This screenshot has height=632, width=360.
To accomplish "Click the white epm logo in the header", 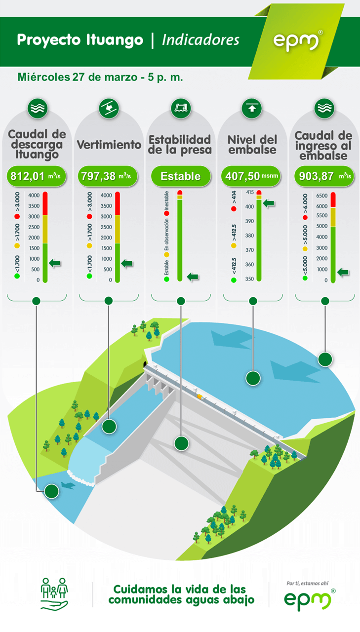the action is [296, 42].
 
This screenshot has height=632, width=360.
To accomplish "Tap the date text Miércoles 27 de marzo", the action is [78, 77].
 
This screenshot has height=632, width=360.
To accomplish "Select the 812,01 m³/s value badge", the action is [37, 176].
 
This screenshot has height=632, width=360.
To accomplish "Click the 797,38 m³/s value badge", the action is [108, 176].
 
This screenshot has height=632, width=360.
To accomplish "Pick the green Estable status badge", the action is [181, 176].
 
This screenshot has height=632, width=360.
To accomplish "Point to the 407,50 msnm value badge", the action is [251, 176].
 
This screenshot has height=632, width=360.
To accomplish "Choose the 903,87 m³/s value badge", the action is [324, 176].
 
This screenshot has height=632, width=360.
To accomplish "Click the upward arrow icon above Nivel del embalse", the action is [252, 108].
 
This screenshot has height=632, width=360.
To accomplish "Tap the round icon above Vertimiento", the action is [109, 108].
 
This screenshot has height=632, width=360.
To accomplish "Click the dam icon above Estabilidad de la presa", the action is [181, 108].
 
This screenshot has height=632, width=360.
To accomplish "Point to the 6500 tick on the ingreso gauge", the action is [321, 196].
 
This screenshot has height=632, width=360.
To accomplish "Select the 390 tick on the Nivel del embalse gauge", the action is [249, 221].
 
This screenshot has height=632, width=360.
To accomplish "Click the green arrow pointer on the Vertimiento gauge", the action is [127, 264].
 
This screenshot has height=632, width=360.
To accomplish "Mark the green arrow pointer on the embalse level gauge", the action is [269, 203].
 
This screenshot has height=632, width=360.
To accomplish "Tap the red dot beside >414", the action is [234, 209].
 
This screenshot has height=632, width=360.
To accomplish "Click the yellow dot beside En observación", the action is [167, 255].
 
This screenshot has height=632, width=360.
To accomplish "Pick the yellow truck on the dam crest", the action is [200, 397].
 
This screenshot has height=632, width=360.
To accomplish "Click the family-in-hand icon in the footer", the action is [54, 594].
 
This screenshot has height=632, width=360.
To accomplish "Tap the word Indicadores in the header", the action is [200, 40].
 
